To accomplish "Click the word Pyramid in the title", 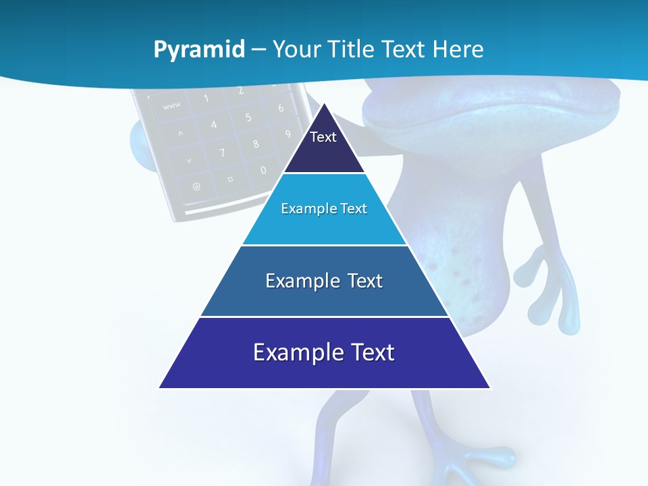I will pos(198,49).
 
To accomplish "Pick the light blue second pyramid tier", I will pos(324,209).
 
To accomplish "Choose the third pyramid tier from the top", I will pos(324,281).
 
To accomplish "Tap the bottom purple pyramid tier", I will pos(324,353).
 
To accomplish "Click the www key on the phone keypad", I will pos(171,105).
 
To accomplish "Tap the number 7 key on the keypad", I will pos(222,153).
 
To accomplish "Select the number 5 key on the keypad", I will pos(248,117).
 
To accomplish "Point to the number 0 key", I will pos(263,170).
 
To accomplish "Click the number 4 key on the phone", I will pos(213,125).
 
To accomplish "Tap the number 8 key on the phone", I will pos(256,144).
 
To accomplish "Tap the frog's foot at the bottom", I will pos(466,466).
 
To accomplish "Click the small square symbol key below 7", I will pos(230,180).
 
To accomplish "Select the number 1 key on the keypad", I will pos(205,99).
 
